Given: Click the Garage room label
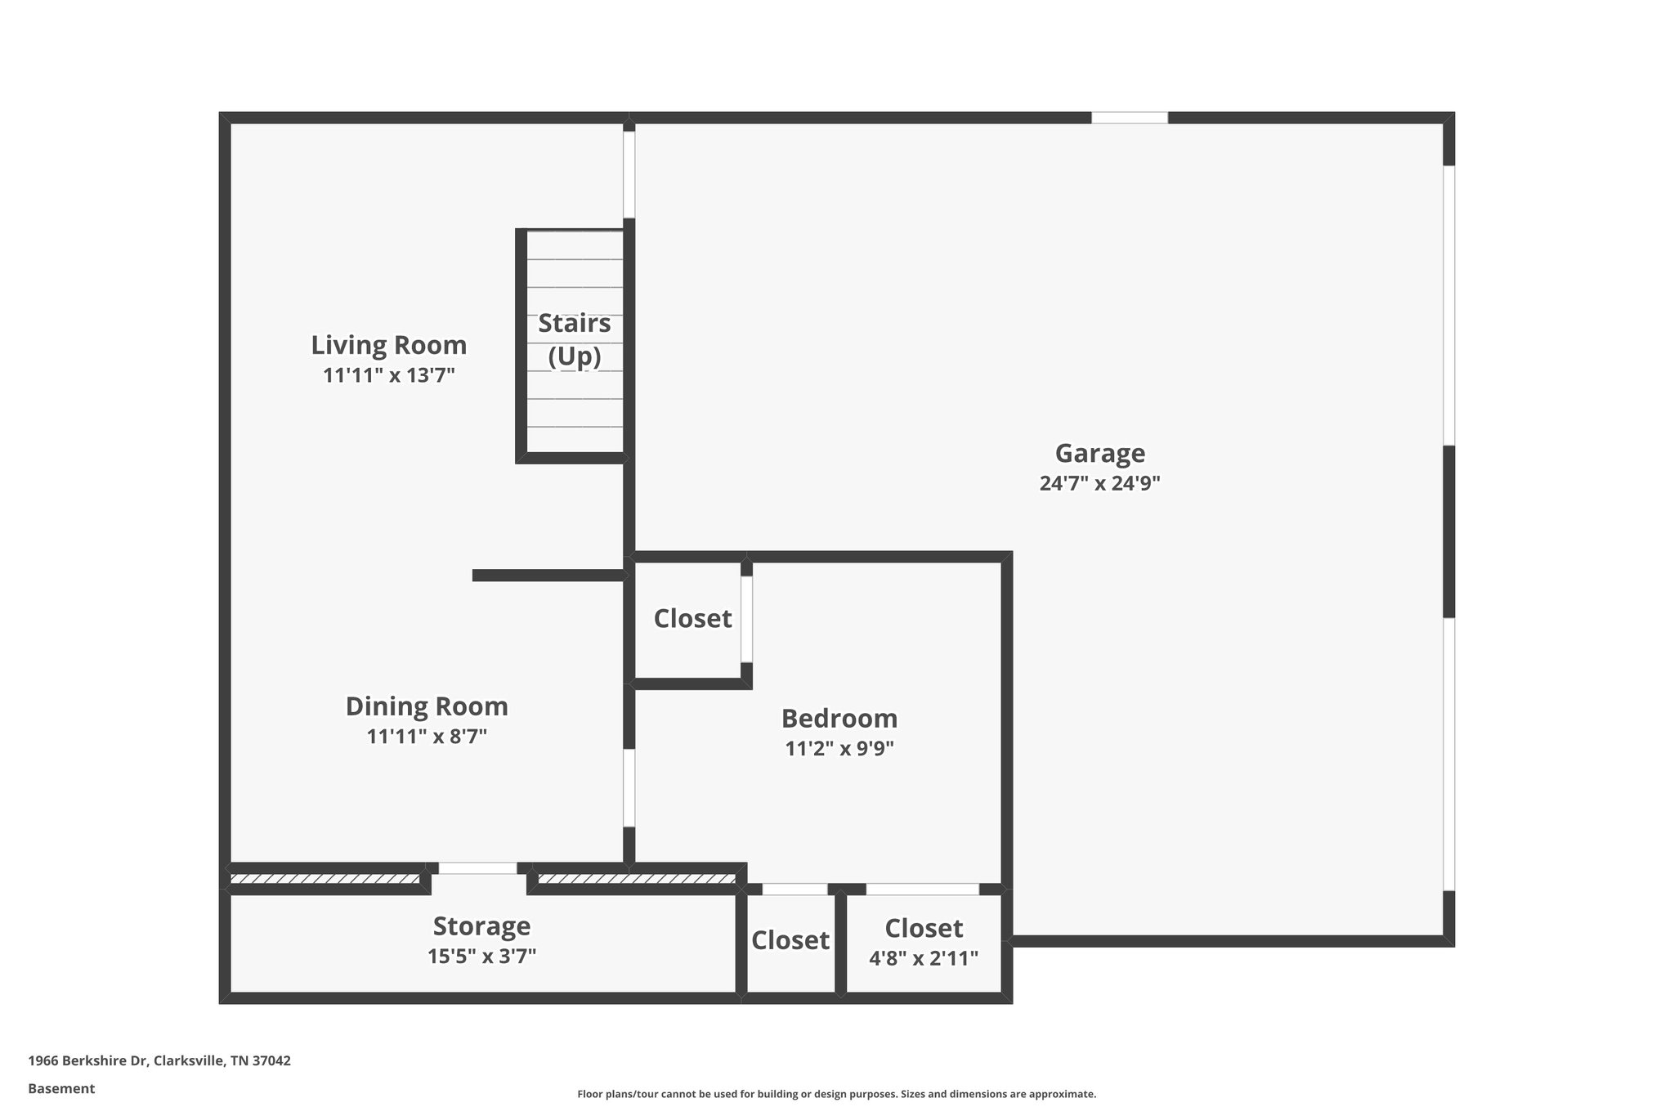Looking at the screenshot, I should pyautogui.click(x=1099, y=453).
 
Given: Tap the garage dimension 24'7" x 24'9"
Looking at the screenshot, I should pyautogui.click(x=1099, y=483).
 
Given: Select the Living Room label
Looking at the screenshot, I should pyautogui.click(x=389, y=345).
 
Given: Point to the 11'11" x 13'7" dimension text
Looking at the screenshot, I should pyautogui.click(x=389, y=375).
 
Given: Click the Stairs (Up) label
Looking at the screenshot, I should pyautogui.click(x=575, y=339).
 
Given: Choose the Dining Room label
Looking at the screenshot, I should pyautogui.click(x=427, y=706).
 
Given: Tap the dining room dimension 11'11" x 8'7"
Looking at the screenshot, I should pyautogui.click(x=427, y=737).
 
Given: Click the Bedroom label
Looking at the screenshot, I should pyautogui.click(x=839, y=719).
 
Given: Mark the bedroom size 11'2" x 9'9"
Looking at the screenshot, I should pyautogui.click(x=839, y=749).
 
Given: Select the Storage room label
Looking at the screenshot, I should pyautogui.click(x=481, y=926).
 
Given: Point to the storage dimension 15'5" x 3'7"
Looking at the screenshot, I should pyautogui.click(x=481, y=956).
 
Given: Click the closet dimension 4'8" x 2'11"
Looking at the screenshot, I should pyautogui.click(x=924, y=958).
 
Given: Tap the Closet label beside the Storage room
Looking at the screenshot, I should pyautogui.click(x=790, y=940).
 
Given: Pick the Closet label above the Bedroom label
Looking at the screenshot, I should pyautogui.click(x=692, y=619).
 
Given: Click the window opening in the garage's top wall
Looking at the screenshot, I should pyautogui.click(x=1130, y=118).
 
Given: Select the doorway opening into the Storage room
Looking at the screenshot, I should pyautogui.click(x=478, y=869).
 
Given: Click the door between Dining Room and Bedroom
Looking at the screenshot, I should pyautogui.click(x=629, y=787).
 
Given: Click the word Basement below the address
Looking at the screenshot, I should pyautogui.click(x=61, y=1089).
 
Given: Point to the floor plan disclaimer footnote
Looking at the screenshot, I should pyautogui.click(x=836, y=1094).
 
